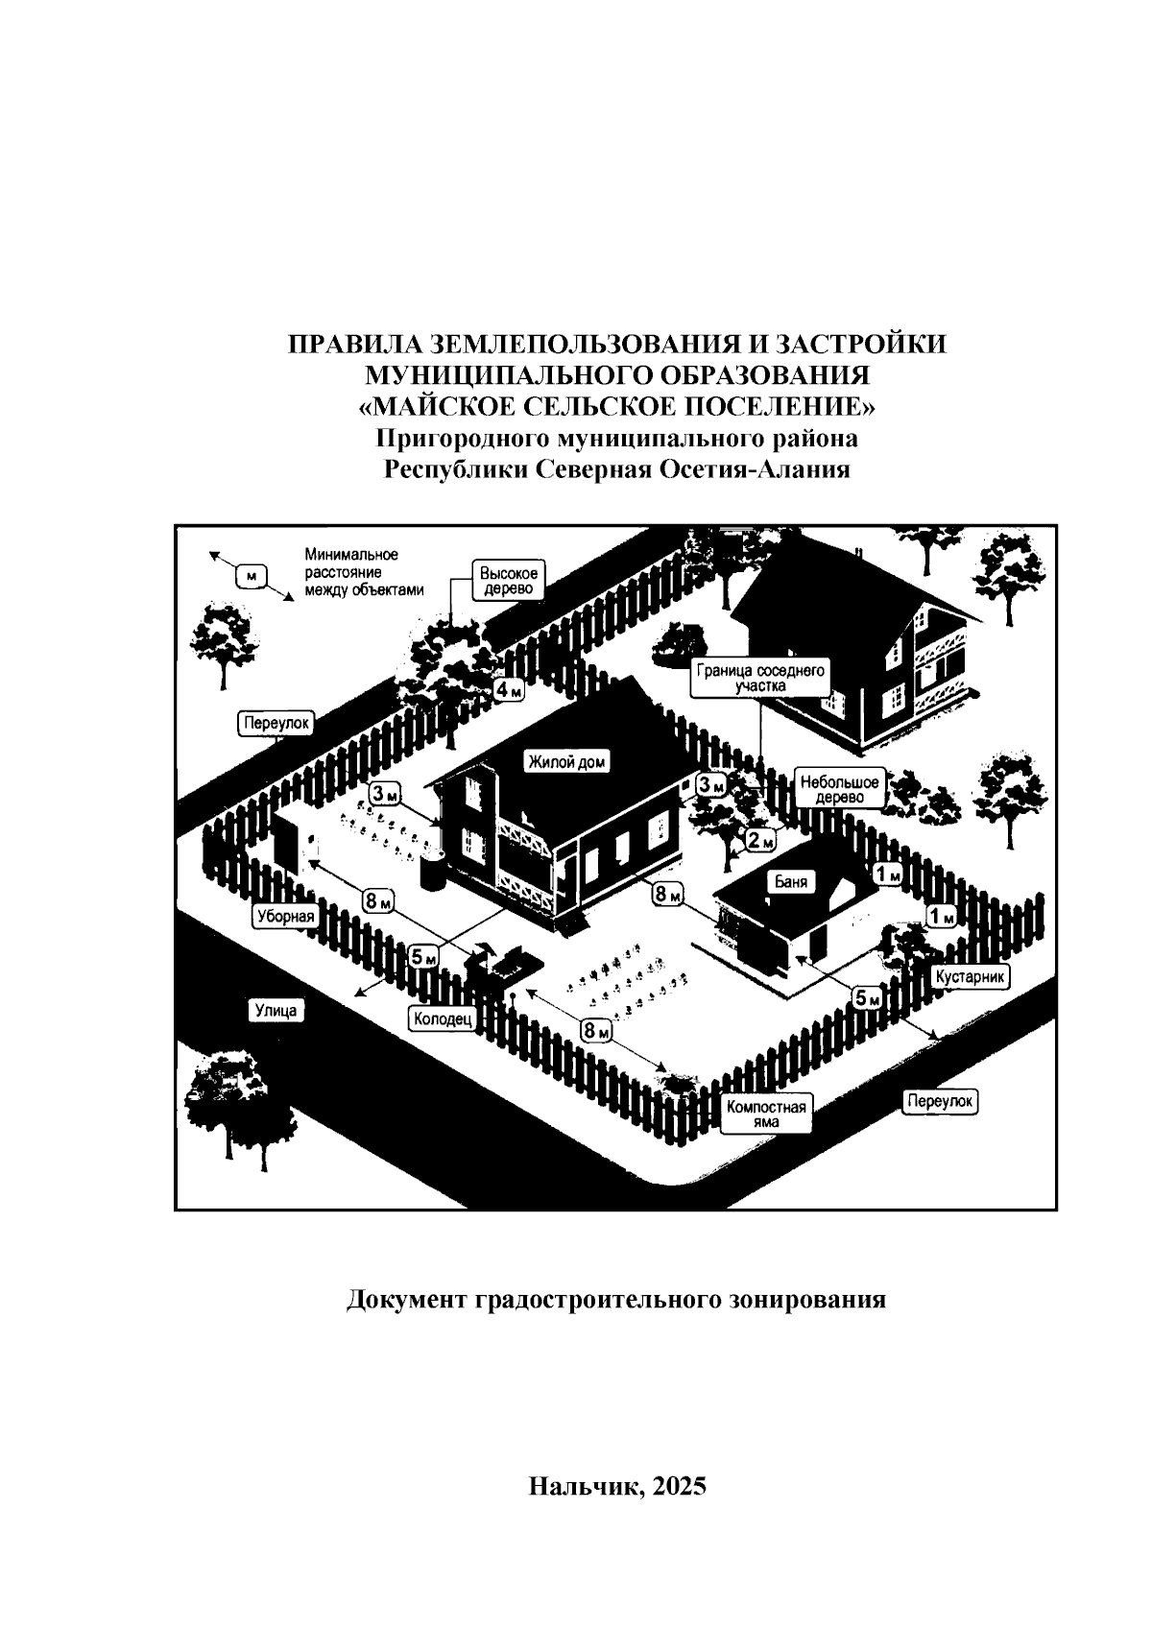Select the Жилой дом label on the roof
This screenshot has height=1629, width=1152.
click(567, 761)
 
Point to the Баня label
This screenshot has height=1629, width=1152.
click(790, 880)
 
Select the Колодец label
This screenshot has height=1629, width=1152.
click(443, 1019)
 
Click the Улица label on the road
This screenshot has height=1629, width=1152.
click(277, 1010)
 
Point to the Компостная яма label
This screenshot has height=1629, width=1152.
click(766, 1114)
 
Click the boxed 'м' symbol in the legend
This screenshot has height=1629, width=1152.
click(252, 576)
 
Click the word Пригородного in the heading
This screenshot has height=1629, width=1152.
click(467, 439)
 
